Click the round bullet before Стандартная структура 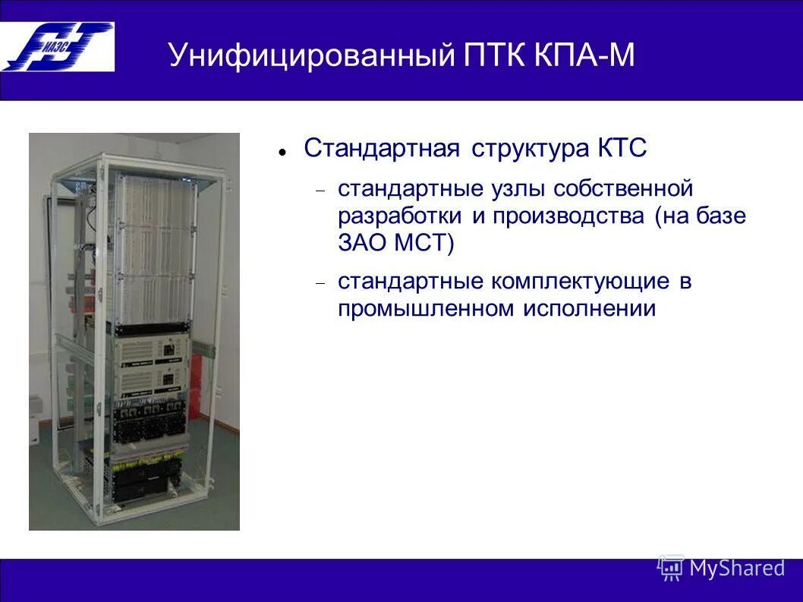pyautogui.click(x=282, y=151)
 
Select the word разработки pyautogui.click(x=400, y=216)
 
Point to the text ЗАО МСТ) pyautogui.click(x=395, y=243)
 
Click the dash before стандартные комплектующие pyautogui.click(x=321, y=282)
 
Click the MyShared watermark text pyautogui.click(x=736, y=568)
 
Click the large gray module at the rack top pyautogui.click(x=155, y=247)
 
